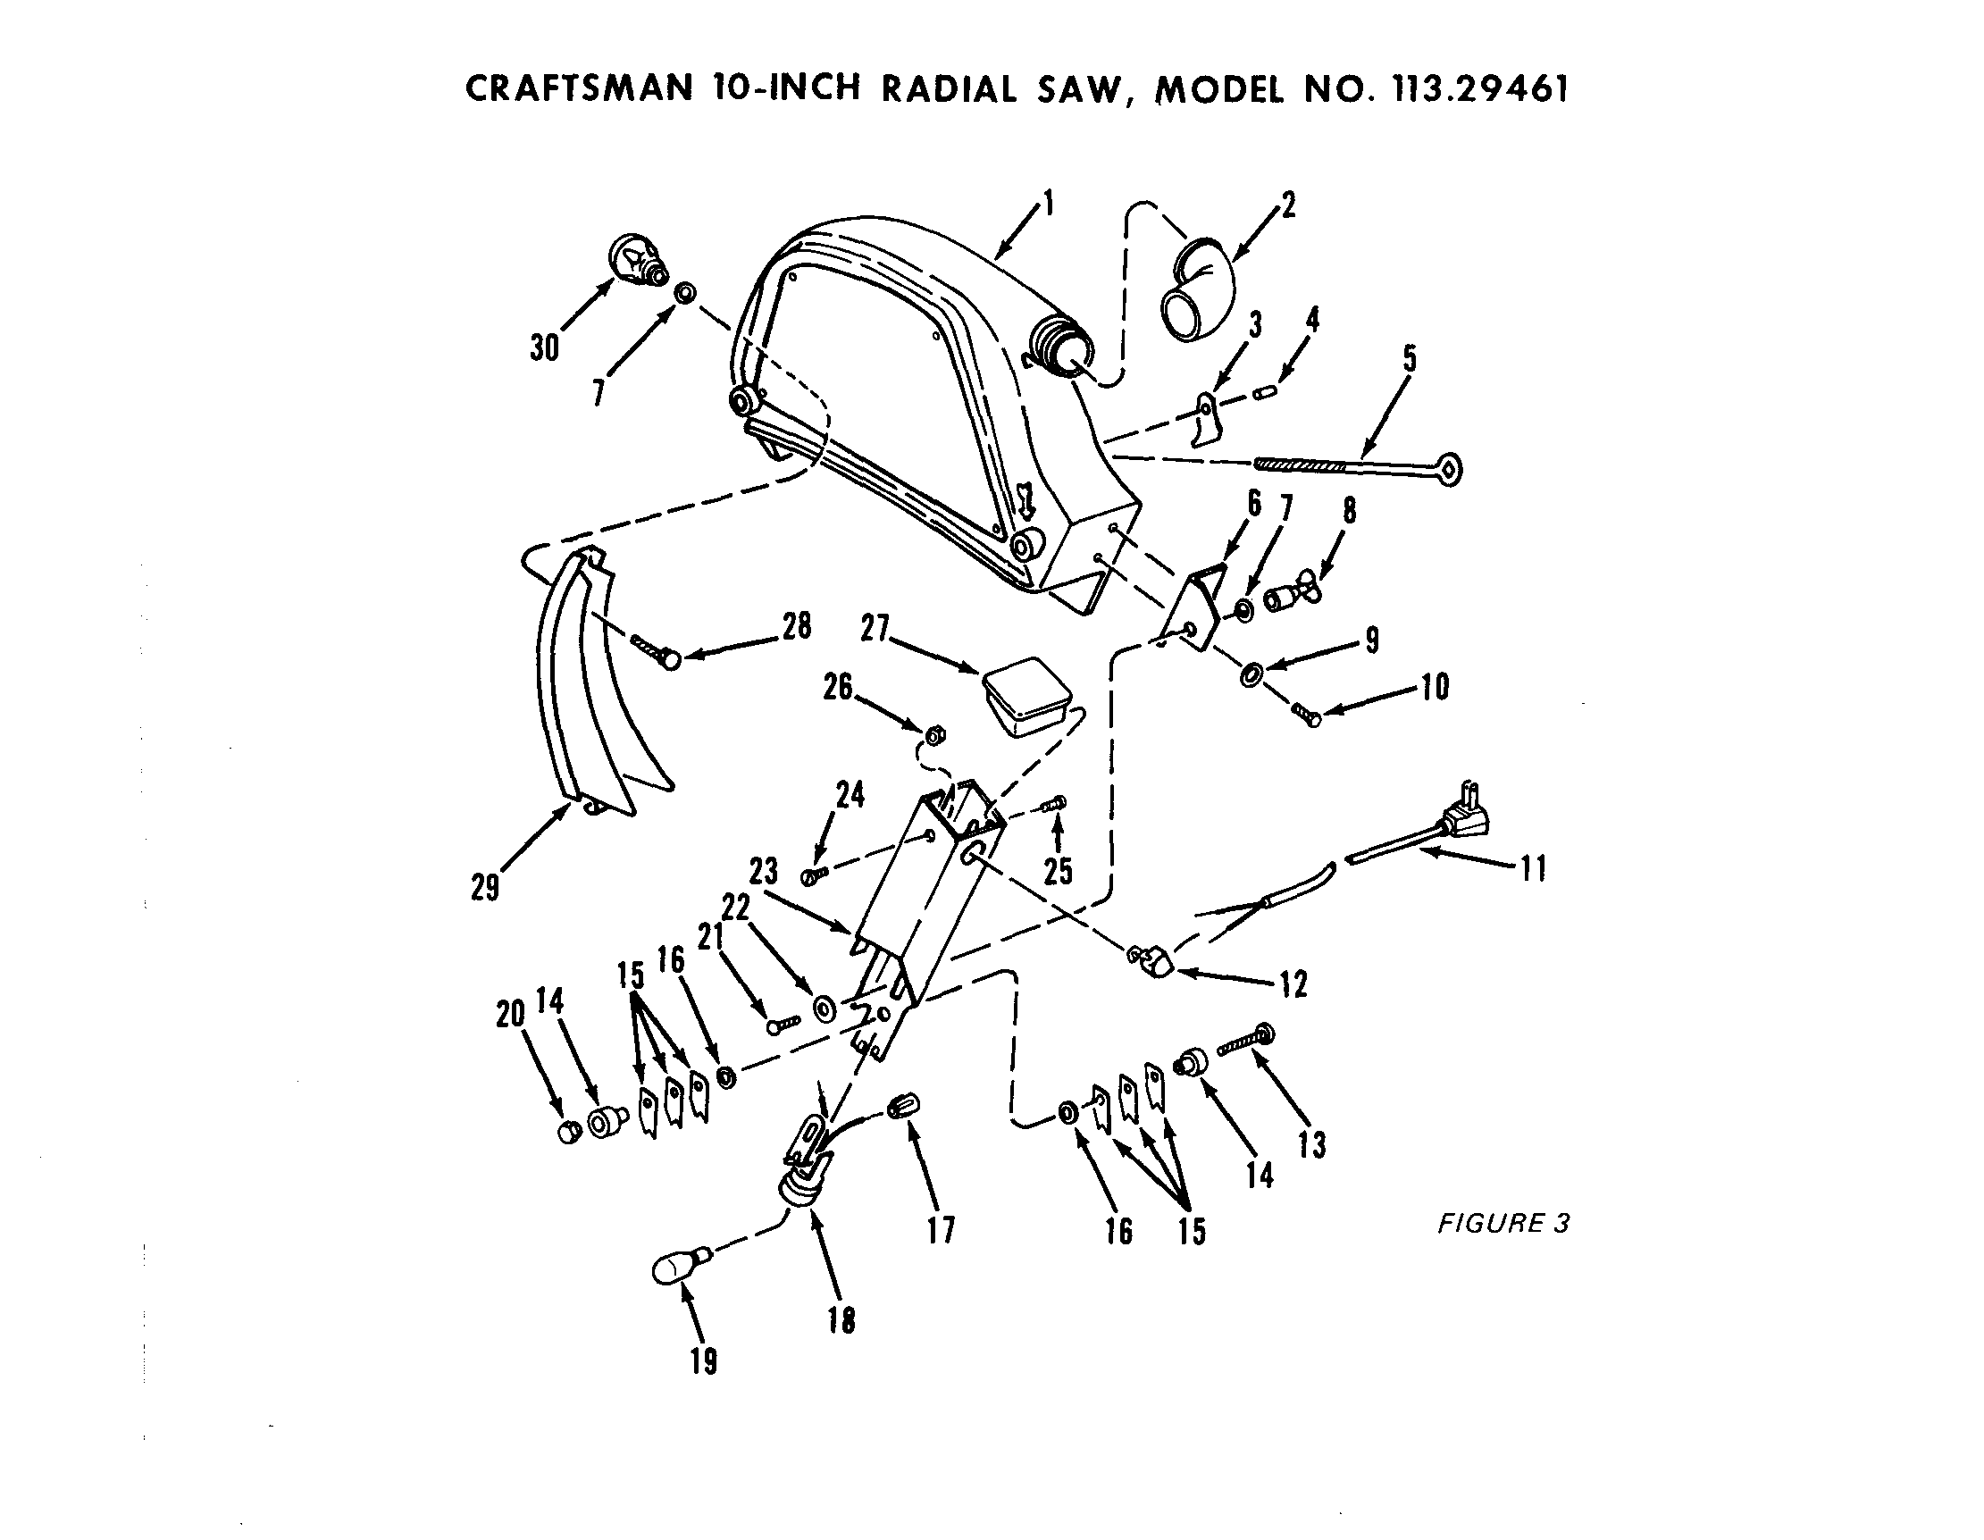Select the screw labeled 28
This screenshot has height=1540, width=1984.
point(654,650)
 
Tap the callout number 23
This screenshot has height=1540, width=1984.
point(764,870)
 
